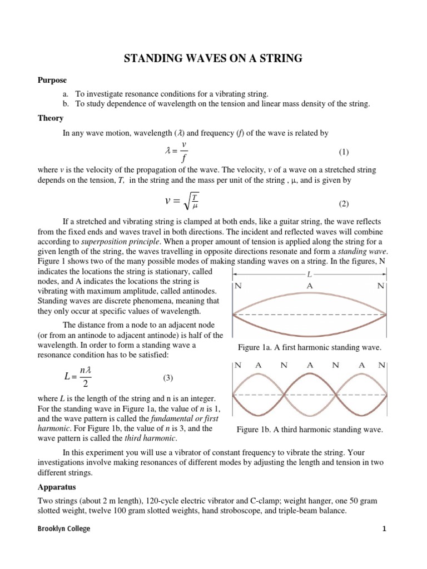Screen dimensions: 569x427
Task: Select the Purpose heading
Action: click(52, 81)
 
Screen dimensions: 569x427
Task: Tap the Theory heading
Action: click(51, 118)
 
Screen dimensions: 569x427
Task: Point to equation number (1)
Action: click(344, 152)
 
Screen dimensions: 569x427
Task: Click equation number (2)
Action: click(344, 203)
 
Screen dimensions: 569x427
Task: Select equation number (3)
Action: click(168, 378)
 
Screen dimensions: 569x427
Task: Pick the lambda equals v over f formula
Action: click(178, 151)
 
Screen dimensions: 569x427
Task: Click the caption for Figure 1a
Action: click(309, 347)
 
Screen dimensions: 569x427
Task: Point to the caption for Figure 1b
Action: click(309, 430)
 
